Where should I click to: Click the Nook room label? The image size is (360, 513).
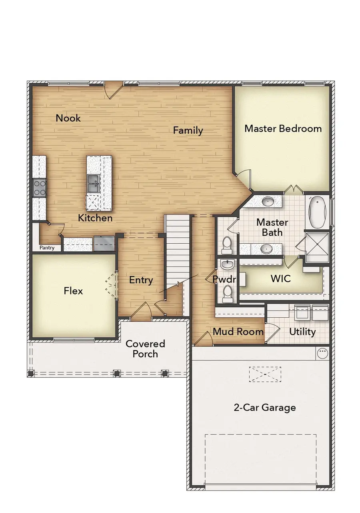(68, 118)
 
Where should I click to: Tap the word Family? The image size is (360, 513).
(188, 130)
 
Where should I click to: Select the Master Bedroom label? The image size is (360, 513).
(283, 128)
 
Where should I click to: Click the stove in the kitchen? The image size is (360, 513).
(39, 187)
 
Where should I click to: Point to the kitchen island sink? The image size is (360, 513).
(93, 184)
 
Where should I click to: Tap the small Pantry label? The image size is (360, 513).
(47, 248)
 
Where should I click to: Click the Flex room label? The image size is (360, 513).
(73, 291)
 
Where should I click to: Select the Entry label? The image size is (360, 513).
(141, 280)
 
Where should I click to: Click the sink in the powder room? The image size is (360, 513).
(227, 265)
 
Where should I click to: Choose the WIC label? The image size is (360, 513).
(280, 279)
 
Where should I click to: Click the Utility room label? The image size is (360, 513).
(302, 331)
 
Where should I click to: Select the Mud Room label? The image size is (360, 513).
(238, 331)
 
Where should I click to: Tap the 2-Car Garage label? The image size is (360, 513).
(264, 407)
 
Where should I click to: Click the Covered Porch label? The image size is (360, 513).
(145, 349)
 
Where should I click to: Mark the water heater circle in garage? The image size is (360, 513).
(322, 353)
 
